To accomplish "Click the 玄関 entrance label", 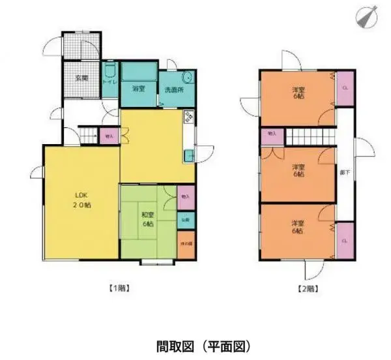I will pos(81,78).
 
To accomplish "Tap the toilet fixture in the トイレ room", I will pos(110,70).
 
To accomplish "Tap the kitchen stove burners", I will pos(190,118).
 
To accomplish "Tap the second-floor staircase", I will pos(310,138).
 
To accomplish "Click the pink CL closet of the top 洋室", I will pos(345,87).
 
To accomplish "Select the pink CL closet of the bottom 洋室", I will pos(345,240).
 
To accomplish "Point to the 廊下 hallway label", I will pos(345,174).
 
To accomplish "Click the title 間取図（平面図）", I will pos(195,344).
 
